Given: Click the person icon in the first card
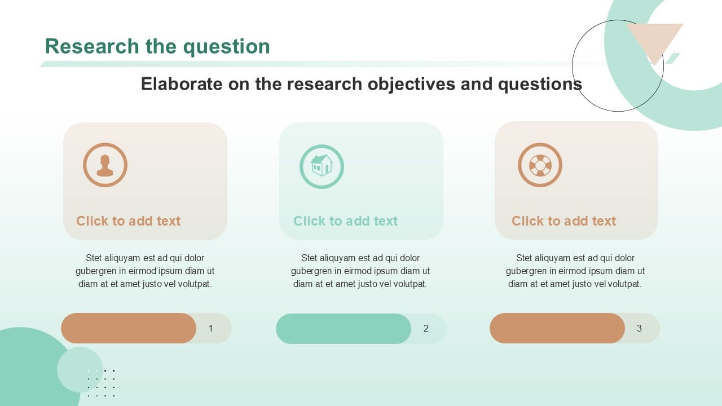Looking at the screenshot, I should click(105, 165).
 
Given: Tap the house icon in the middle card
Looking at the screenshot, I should click(322, 166).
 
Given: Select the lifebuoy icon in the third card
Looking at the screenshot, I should click(540, 165).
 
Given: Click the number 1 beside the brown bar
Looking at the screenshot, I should click(211, 328).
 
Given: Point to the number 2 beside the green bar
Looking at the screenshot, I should click(426, 328).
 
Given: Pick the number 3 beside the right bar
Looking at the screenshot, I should click(639, 328).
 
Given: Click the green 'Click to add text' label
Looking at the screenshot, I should click(345, 221).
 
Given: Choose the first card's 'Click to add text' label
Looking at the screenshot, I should click(129, 221).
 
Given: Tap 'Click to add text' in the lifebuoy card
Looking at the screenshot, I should click(563, 221).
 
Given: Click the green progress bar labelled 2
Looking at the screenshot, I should click(343, 329).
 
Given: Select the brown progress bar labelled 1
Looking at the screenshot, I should click(129, 328).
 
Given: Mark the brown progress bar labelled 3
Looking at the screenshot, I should click(557, 328).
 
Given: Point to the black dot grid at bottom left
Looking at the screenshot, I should click(102, 383).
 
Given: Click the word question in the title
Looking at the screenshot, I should click(227, 46).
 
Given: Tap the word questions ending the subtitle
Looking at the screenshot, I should click(540, 84).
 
